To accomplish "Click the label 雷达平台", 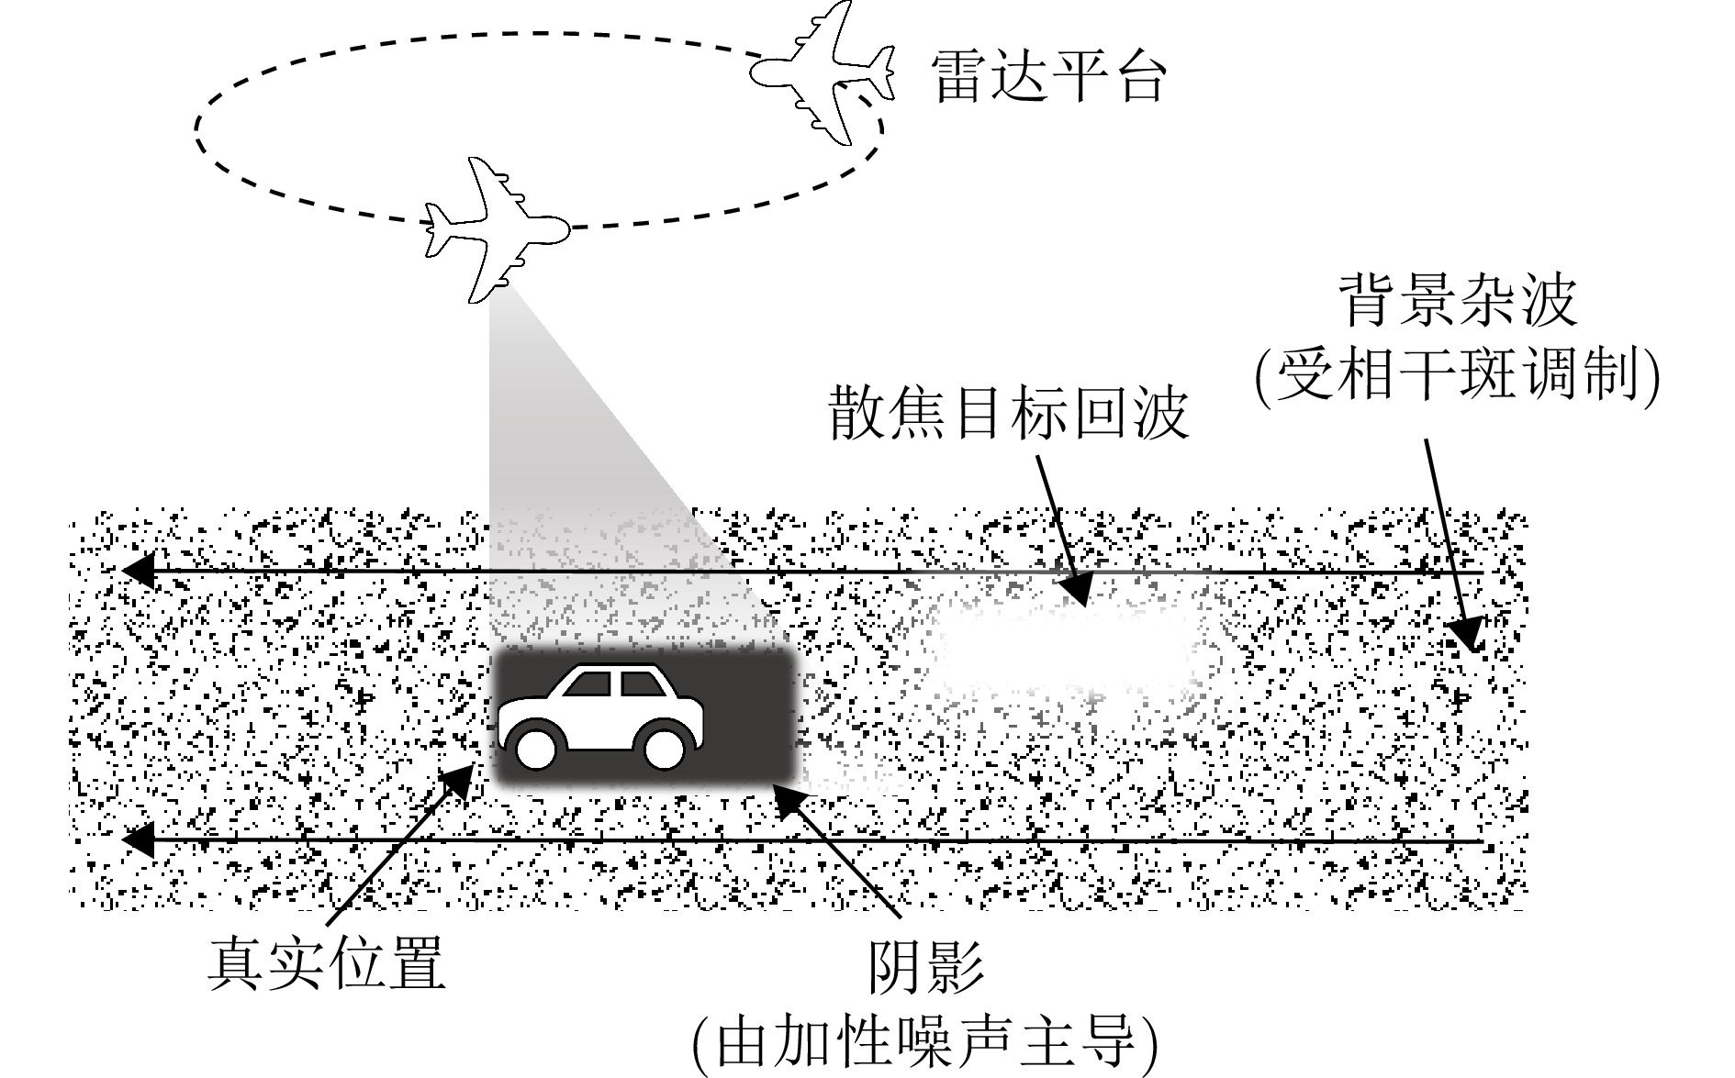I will (1048, 75).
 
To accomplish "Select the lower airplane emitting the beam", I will (496, 229).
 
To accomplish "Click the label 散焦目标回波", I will (1009, 414).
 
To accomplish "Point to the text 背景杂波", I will (1461, 301).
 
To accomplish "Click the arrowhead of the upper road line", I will (138, 571).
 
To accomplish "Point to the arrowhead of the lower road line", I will (138, 839).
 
